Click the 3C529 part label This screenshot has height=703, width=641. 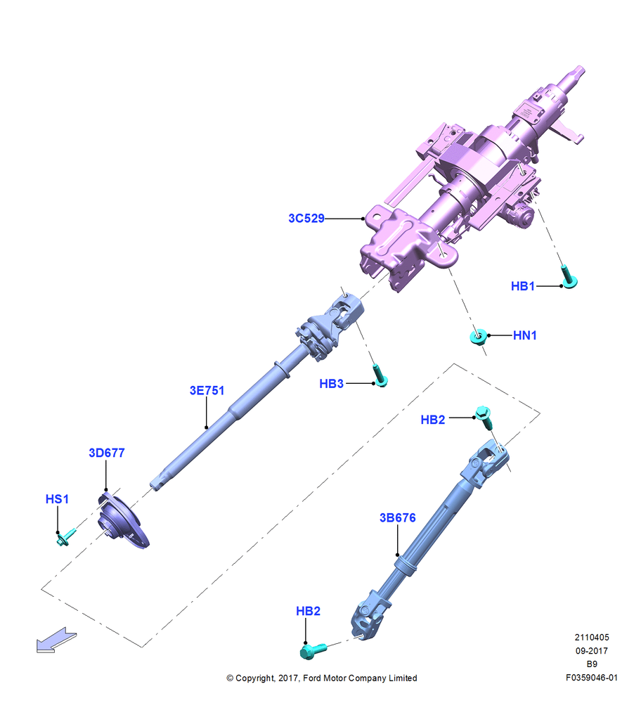point(306,219)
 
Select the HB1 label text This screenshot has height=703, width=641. point(523,286)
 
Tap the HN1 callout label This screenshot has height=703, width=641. point(525,335)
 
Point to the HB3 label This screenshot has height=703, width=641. point(331,384)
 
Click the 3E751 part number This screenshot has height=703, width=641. point(207,390)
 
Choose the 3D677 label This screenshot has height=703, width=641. point(107,453)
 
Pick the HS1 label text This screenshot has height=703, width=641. point(57,499)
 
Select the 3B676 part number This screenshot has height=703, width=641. point(398,518)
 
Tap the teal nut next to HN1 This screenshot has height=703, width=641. point(478,336)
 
